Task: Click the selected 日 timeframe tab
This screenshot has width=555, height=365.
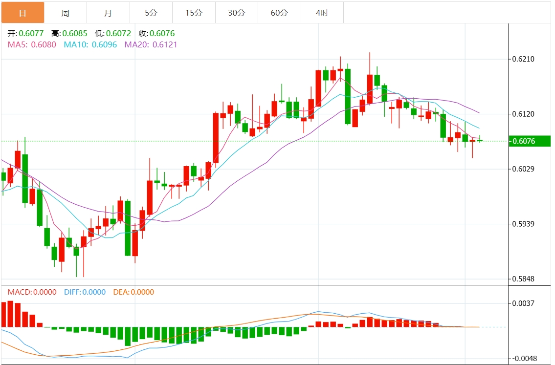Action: click(x=22, y=13)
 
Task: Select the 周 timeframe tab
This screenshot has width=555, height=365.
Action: click(x=66, y=13)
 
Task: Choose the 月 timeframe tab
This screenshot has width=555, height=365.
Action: click(x=108, y=13)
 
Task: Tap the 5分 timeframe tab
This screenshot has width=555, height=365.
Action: click(x=151, y=13)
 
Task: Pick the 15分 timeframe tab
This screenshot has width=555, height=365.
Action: click(x=194, y=13)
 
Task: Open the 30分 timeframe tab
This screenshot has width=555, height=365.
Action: click(x=237, y=13)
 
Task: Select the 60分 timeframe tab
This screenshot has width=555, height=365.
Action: click(x=279, y=13)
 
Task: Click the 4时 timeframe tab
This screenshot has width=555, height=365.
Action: click(x=322, y=13)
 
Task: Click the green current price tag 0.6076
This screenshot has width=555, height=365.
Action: click(x=523, y=141)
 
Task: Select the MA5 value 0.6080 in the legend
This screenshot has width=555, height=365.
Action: click(x=44, y=44)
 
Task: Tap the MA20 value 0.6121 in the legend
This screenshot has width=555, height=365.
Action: click(x=164, y=44)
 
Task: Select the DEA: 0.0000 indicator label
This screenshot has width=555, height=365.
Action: click(x=133, y=292)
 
